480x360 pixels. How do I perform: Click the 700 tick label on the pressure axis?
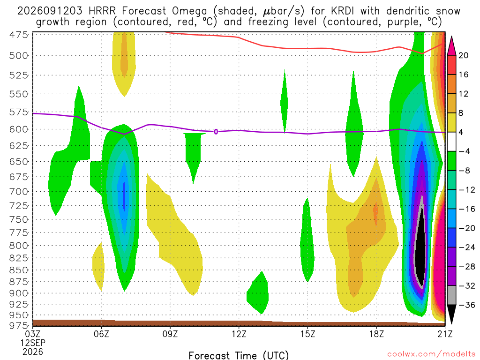[18, 192]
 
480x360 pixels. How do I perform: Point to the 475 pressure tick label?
[18, 35]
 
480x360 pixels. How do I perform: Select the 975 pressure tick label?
[18, 325]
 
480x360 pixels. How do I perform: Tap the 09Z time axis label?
[170, 334]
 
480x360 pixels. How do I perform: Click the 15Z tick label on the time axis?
[307, 334]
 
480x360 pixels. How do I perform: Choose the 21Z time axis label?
[445, 334]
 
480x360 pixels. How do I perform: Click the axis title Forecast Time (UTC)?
[239, 355]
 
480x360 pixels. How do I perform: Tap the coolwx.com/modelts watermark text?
[431, 354]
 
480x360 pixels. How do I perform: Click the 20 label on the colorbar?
[464, 55]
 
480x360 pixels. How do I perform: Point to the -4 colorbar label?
[464, 151]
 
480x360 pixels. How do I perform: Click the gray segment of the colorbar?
[451, 295]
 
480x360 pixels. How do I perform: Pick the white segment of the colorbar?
[451, 142]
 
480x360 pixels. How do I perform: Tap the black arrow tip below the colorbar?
[451, 323]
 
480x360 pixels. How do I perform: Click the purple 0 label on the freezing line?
[216, 132]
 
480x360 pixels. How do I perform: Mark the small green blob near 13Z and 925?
[258, 293]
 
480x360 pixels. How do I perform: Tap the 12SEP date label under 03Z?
[33, 343]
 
